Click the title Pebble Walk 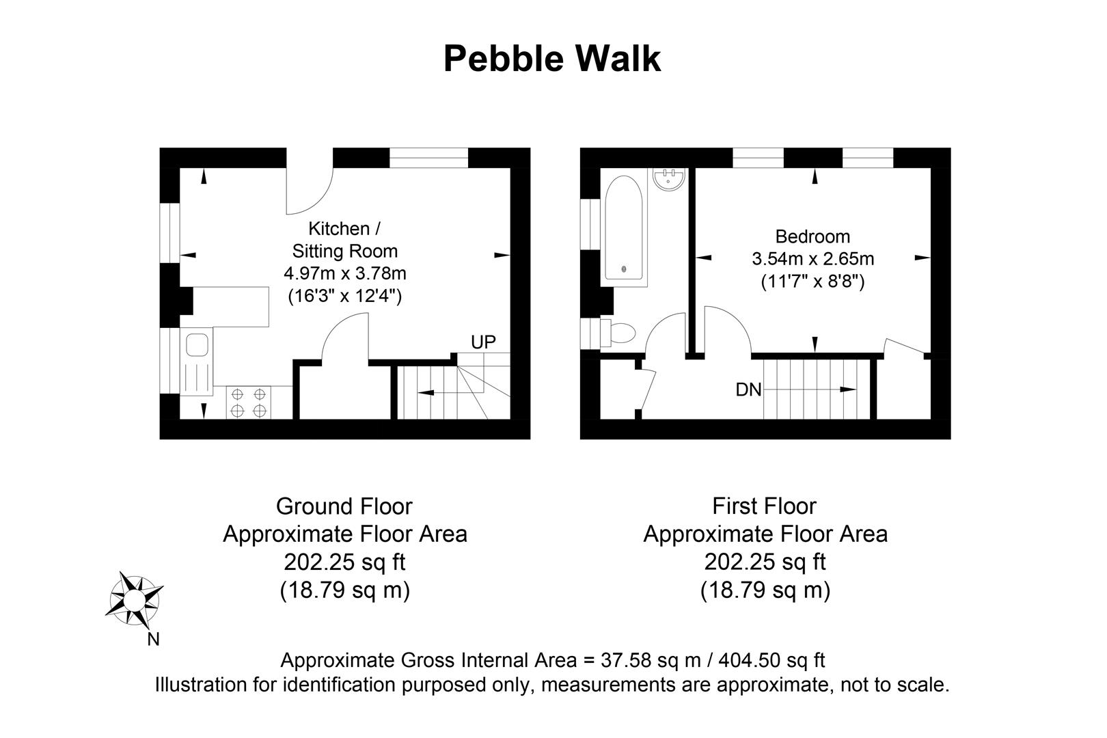pos(552,59)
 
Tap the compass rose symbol pos(135,599)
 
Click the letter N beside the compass pos(154,640)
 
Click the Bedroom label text pos(812,237)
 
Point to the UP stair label pos(483,342)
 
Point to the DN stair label pos(748,389)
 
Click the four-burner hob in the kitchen pos(249,402)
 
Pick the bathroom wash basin pos(669,179)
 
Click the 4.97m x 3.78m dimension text pos(344,274)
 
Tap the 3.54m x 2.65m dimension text pos(812,259)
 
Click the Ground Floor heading pos(344,506)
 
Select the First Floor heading pos(764,506)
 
